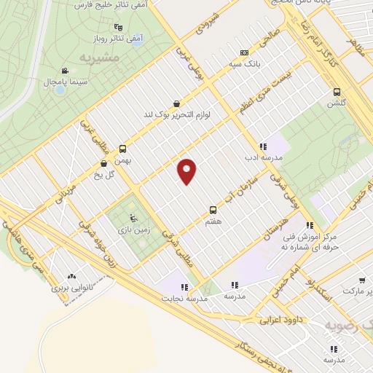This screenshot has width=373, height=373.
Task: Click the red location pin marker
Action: (x=187, y=171)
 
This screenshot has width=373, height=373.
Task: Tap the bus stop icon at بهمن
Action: (x=122, y=148)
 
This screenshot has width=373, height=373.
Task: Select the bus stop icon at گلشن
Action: (x=336, y=92)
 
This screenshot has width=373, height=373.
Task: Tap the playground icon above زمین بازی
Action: (x=131, y=217)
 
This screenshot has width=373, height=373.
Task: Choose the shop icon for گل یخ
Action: (x=104, y=164)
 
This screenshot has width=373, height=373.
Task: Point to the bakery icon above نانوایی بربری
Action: (x=71, y=276)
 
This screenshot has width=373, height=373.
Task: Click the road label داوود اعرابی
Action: (x=281, y=318)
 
